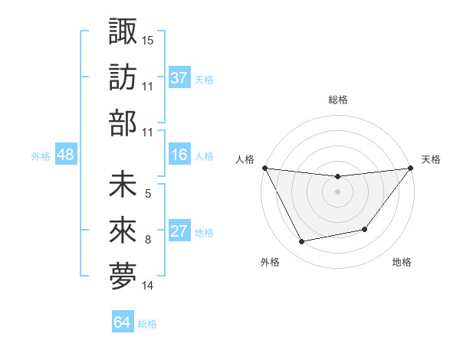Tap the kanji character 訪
123,77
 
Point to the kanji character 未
123,186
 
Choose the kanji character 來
123,232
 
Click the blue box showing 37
179,77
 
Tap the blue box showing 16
179,155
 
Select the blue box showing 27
179,232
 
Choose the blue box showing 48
66,155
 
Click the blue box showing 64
123,322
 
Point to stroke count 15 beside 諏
148,39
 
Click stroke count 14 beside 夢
148,286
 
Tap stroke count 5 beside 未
148,194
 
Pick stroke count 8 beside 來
148,240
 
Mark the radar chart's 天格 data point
410,169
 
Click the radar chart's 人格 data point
265,168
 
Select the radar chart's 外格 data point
302,242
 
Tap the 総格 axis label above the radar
337,100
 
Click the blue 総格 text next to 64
147,324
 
